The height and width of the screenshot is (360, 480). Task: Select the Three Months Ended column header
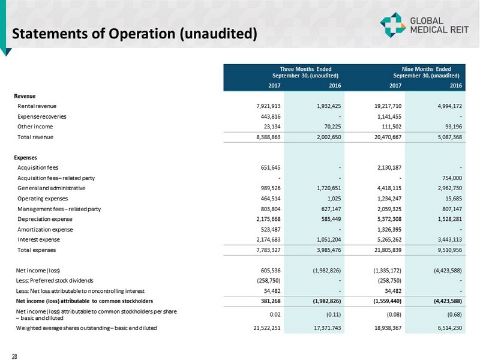305,72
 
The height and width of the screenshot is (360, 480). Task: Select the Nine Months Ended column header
426,72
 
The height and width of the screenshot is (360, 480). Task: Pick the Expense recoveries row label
42,116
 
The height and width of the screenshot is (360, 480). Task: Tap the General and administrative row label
50,188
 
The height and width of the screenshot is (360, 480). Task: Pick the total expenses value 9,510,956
446,249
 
